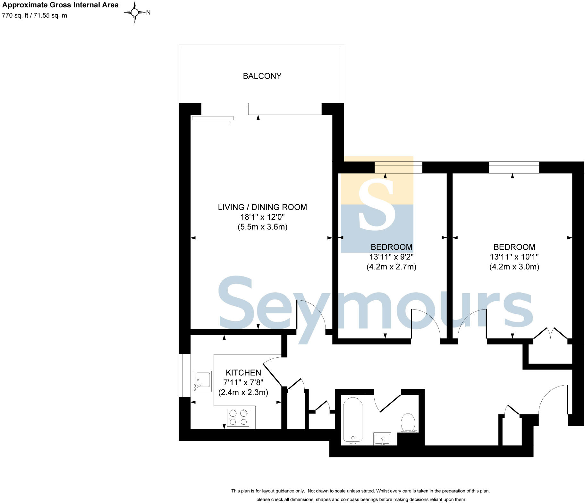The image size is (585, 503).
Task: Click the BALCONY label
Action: point(262,76)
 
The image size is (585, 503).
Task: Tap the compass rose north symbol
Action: point(135,13)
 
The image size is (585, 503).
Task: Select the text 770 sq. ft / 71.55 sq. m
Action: point(35,15)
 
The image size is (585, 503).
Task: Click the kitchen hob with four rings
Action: point(238,417)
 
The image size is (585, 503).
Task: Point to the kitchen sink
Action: point(203,381)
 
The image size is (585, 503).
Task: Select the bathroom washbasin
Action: point(382,439)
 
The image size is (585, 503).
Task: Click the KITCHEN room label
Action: point(243,372)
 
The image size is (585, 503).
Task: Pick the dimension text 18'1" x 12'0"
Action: point(262,217)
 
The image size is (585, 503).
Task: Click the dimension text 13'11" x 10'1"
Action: point(514,257)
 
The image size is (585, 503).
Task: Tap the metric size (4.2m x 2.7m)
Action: point(391,267)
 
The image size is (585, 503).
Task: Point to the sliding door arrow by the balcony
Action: point(213,123)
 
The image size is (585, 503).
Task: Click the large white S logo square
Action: point(377,204)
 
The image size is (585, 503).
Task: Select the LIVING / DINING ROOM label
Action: point(262,207)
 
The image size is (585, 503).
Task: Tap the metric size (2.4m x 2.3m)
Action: point(243,392)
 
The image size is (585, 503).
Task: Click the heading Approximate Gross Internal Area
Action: point(60,5)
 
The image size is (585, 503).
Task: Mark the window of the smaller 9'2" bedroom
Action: point(398,167)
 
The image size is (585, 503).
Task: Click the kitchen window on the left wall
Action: point(184,375)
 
